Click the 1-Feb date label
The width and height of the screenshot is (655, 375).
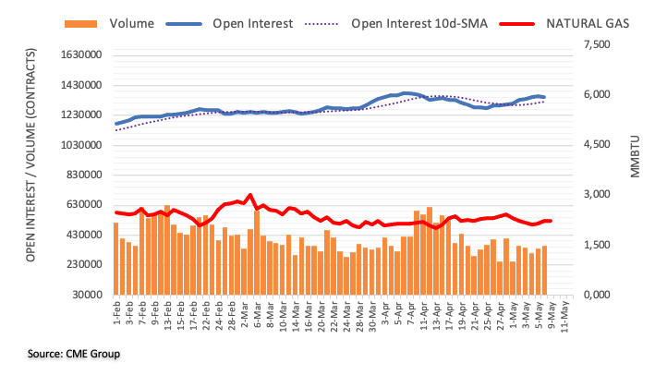tap(115, 314)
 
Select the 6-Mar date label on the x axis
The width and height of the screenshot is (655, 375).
tap(256, 315)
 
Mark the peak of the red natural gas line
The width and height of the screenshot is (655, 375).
tap(250, 195)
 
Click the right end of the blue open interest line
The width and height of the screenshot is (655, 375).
tap(543, 97)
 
